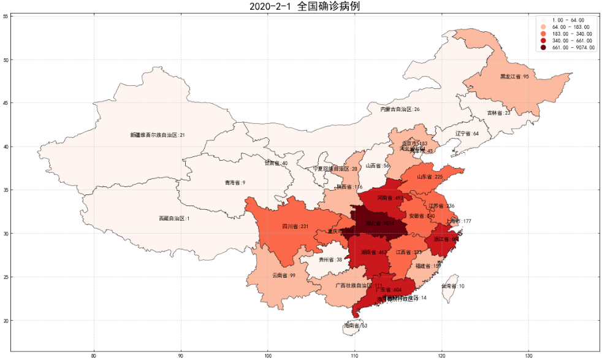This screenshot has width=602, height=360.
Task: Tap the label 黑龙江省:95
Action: point(514,77)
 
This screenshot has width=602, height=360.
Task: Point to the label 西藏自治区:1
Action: point(174,218)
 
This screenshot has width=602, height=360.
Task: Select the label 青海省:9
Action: point(235,183)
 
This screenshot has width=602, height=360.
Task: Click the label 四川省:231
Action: point(295,226)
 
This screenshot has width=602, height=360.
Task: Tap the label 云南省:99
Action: point(284,276)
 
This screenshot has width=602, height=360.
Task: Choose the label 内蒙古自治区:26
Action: point(400,109)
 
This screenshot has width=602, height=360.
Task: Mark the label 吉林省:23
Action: point(498,113)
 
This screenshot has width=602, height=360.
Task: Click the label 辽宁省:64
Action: point(467,134)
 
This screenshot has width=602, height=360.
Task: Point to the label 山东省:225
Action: point(430,177)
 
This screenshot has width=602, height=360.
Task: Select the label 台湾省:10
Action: point(453,286)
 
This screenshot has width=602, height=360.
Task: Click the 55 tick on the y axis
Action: point(6,17)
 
